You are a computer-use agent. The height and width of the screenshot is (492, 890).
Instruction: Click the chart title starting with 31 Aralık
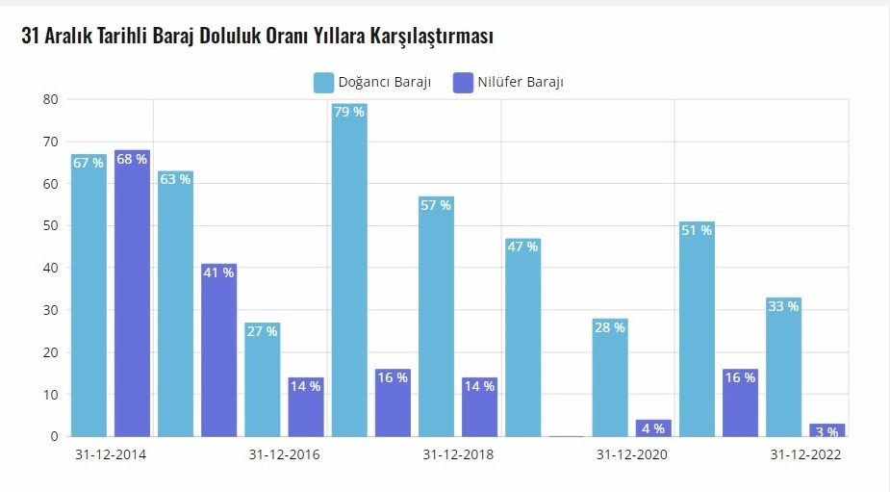(257, 37)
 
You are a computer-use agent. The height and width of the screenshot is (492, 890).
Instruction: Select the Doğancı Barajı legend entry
(371, 83)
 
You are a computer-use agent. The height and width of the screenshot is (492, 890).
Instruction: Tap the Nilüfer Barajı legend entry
(510, 83)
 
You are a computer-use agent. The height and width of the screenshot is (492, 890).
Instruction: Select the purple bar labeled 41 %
(218, 351)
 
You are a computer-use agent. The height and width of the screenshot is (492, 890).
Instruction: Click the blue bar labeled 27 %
(262, 380)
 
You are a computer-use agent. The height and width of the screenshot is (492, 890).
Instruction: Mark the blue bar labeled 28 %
(610, 378)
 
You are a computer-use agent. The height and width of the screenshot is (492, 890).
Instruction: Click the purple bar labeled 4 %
(653, 427)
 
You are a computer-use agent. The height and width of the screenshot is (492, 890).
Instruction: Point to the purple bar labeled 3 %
(827, 430)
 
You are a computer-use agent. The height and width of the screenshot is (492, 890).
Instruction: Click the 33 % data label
(783, 306)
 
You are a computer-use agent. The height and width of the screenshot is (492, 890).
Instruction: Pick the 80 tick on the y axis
(50, 99)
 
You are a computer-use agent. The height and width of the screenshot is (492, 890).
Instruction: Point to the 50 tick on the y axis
(50, 225)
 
